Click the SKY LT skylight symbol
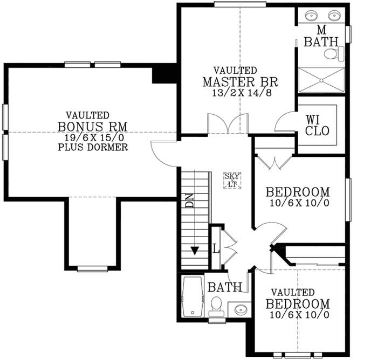233,180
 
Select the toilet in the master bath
339,53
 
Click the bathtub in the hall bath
191,297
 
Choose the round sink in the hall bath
240,310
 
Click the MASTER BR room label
240,82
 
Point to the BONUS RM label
92,126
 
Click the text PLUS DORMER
92,147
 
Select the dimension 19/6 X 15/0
92,137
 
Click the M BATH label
321,35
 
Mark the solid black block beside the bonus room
164,74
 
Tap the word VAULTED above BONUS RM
87,115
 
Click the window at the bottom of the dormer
92,268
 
